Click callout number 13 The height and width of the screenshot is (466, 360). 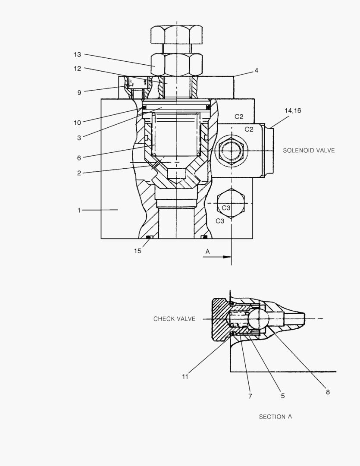coord(77,54)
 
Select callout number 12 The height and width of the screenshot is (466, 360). coord(77,68)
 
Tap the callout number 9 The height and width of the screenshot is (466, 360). coord(79,92)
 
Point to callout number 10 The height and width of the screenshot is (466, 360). coord(77,123)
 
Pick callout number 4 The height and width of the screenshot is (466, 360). coord(256,69)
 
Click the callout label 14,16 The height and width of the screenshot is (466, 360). coord(292,111)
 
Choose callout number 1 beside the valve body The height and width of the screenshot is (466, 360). coord(79,210)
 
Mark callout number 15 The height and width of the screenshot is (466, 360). coord(137,251)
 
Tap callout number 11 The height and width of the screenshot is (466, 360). coord(185,376)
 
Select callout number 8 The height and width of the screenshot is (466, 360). coord(328,392)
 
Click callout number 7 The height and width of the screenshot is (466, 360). coord(250,396)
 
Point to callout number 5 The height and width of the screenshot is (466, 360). coord(283,396)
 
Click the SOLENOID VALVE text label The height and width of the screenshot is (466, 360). coord(309,151)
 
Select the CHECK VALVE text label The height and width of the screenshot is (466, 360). coord(174,319)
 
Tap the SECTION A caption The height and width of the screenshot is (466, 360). coord(275,417)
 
